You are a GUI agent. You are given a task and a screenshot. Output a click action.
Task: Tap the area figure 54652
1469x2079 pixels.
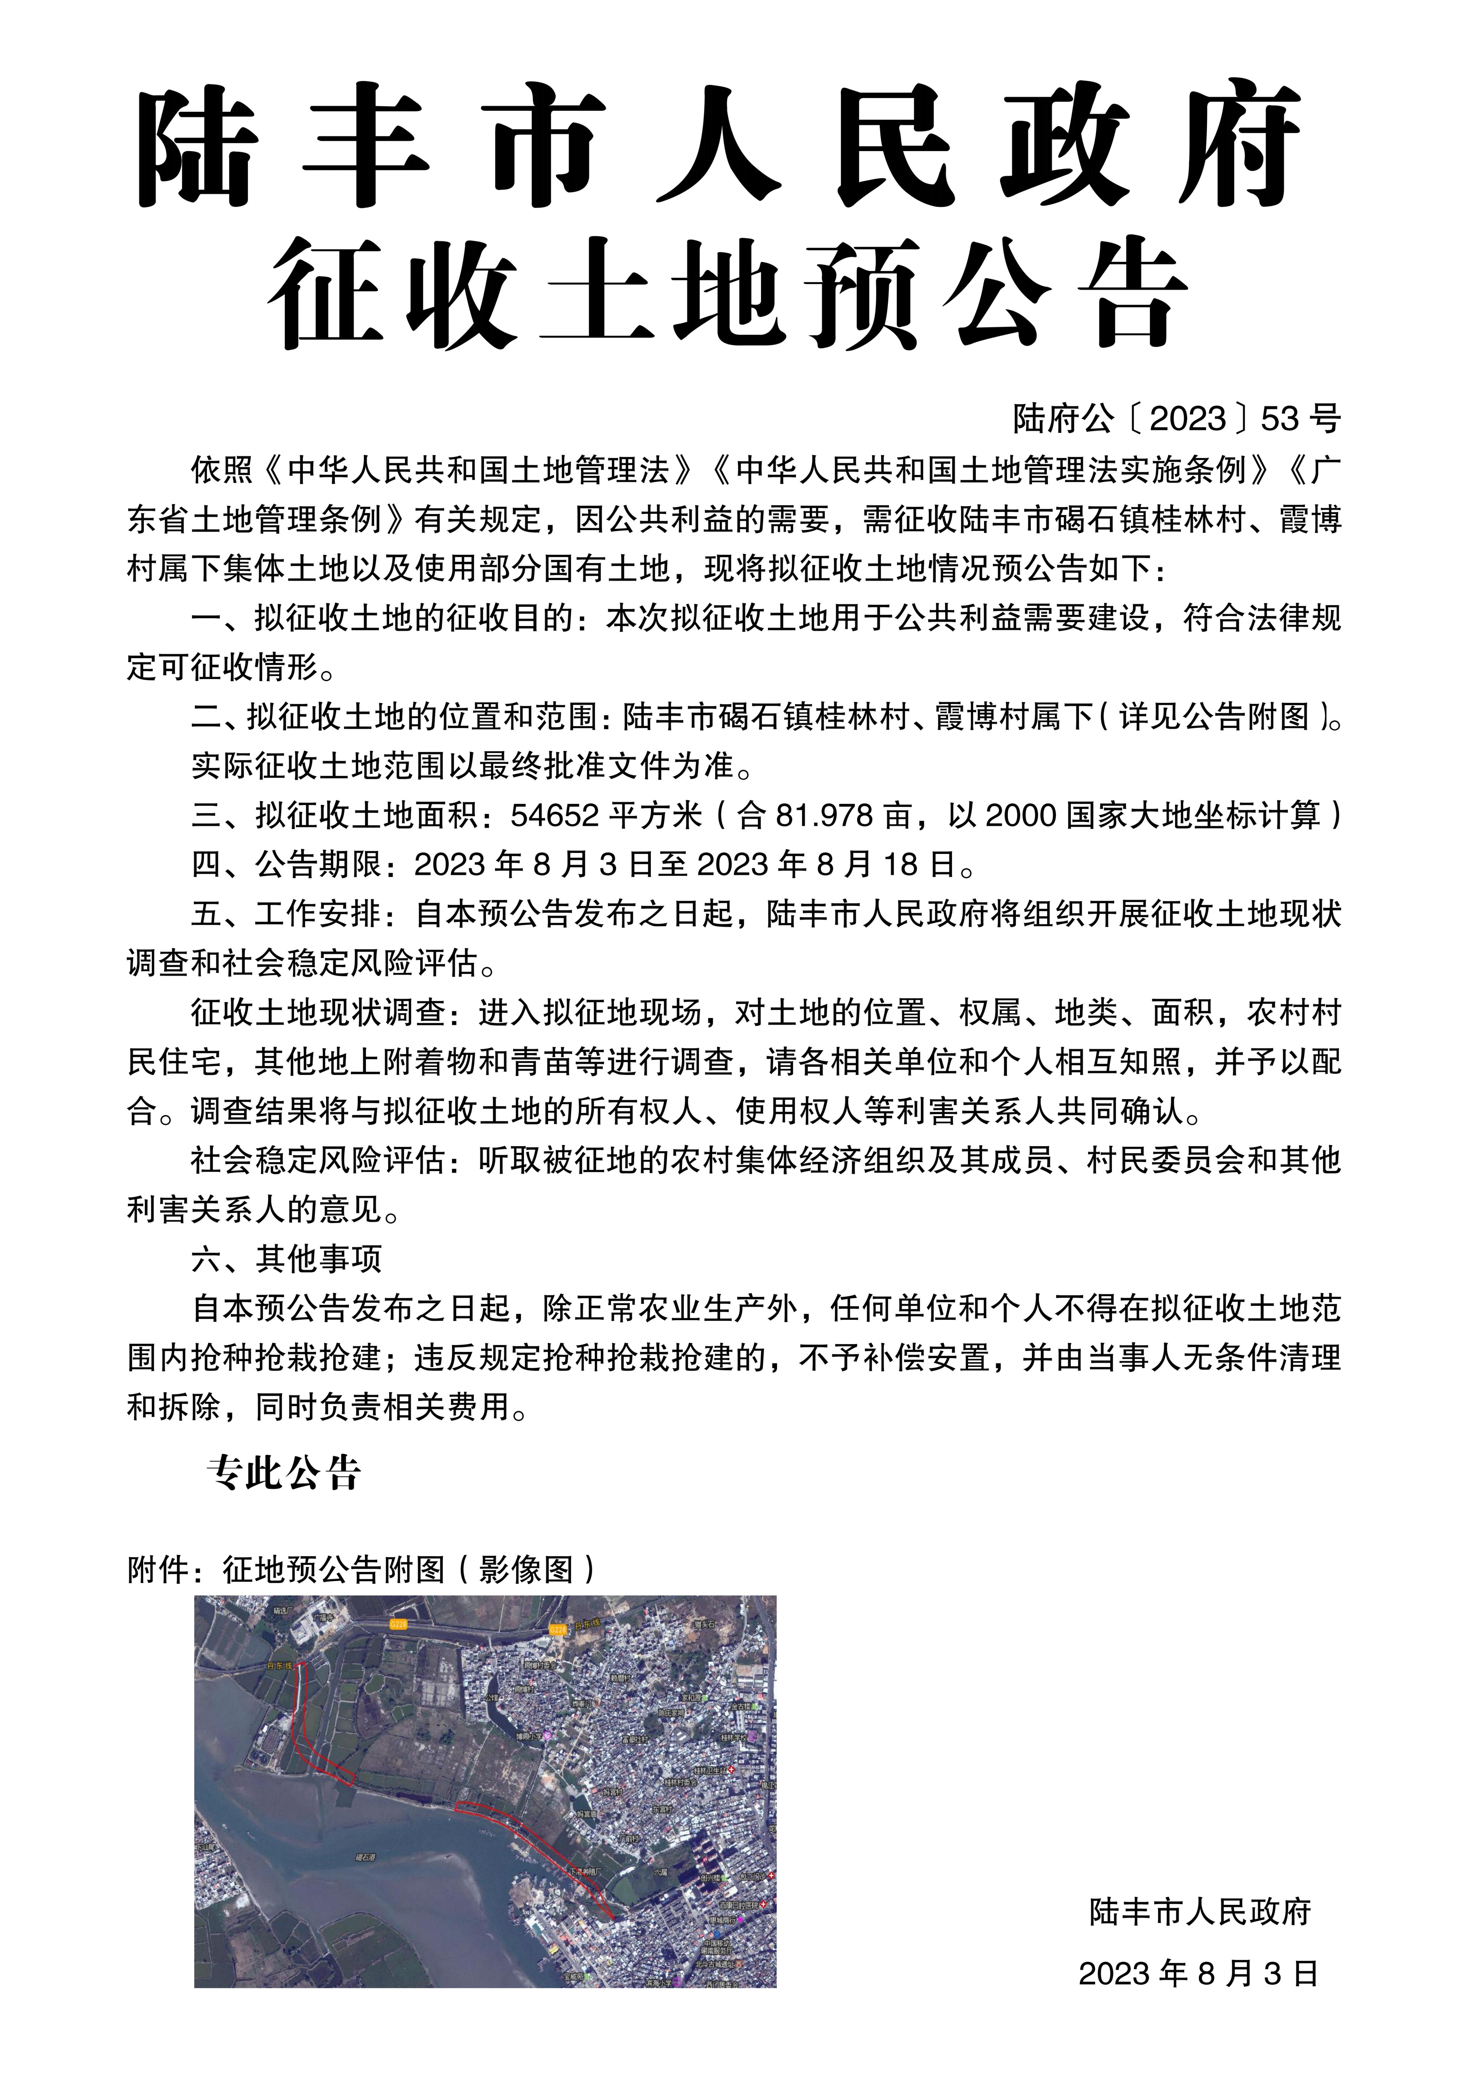point(554,816)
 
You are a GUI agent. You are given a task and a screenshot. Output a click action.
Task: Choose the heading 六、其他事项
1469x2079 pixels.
point(286,1259)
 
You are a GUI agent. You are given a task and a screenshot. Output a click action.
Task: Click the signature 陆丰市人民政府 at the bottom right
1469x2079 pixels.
point(1200,1911)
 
